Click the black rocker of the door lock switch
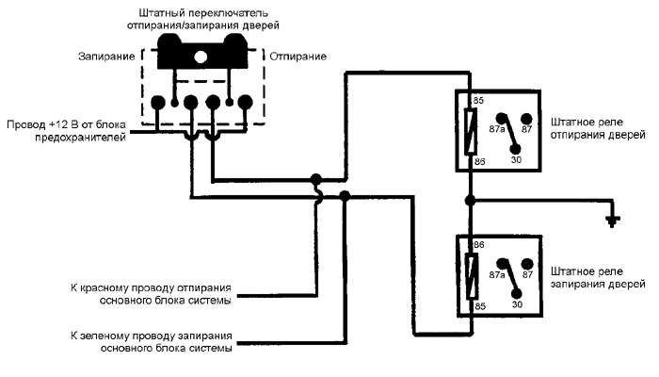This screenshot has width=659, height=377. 201,52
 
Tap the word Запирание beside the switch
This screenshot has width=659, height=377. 108,57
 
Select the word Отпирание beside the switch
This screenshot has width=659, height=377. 298,57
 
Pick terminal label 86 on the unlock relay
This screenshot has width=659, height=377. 477,162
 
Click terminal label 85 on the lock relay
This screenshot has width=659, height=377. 477,306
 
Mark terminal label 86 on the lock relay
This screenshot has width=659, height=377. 477,244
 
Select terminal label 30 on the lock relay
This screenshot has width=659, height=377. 517,305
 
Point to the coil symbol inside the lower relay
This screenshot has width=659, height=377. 469,276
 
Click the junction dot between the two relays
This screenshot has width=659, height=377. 469,201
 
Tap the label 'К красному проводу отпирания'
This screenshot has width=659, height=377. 152,285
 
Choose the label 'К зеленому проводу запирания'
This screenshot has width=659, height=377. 152,335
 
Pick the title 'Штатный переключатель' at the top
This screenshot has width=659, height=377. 201,13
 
